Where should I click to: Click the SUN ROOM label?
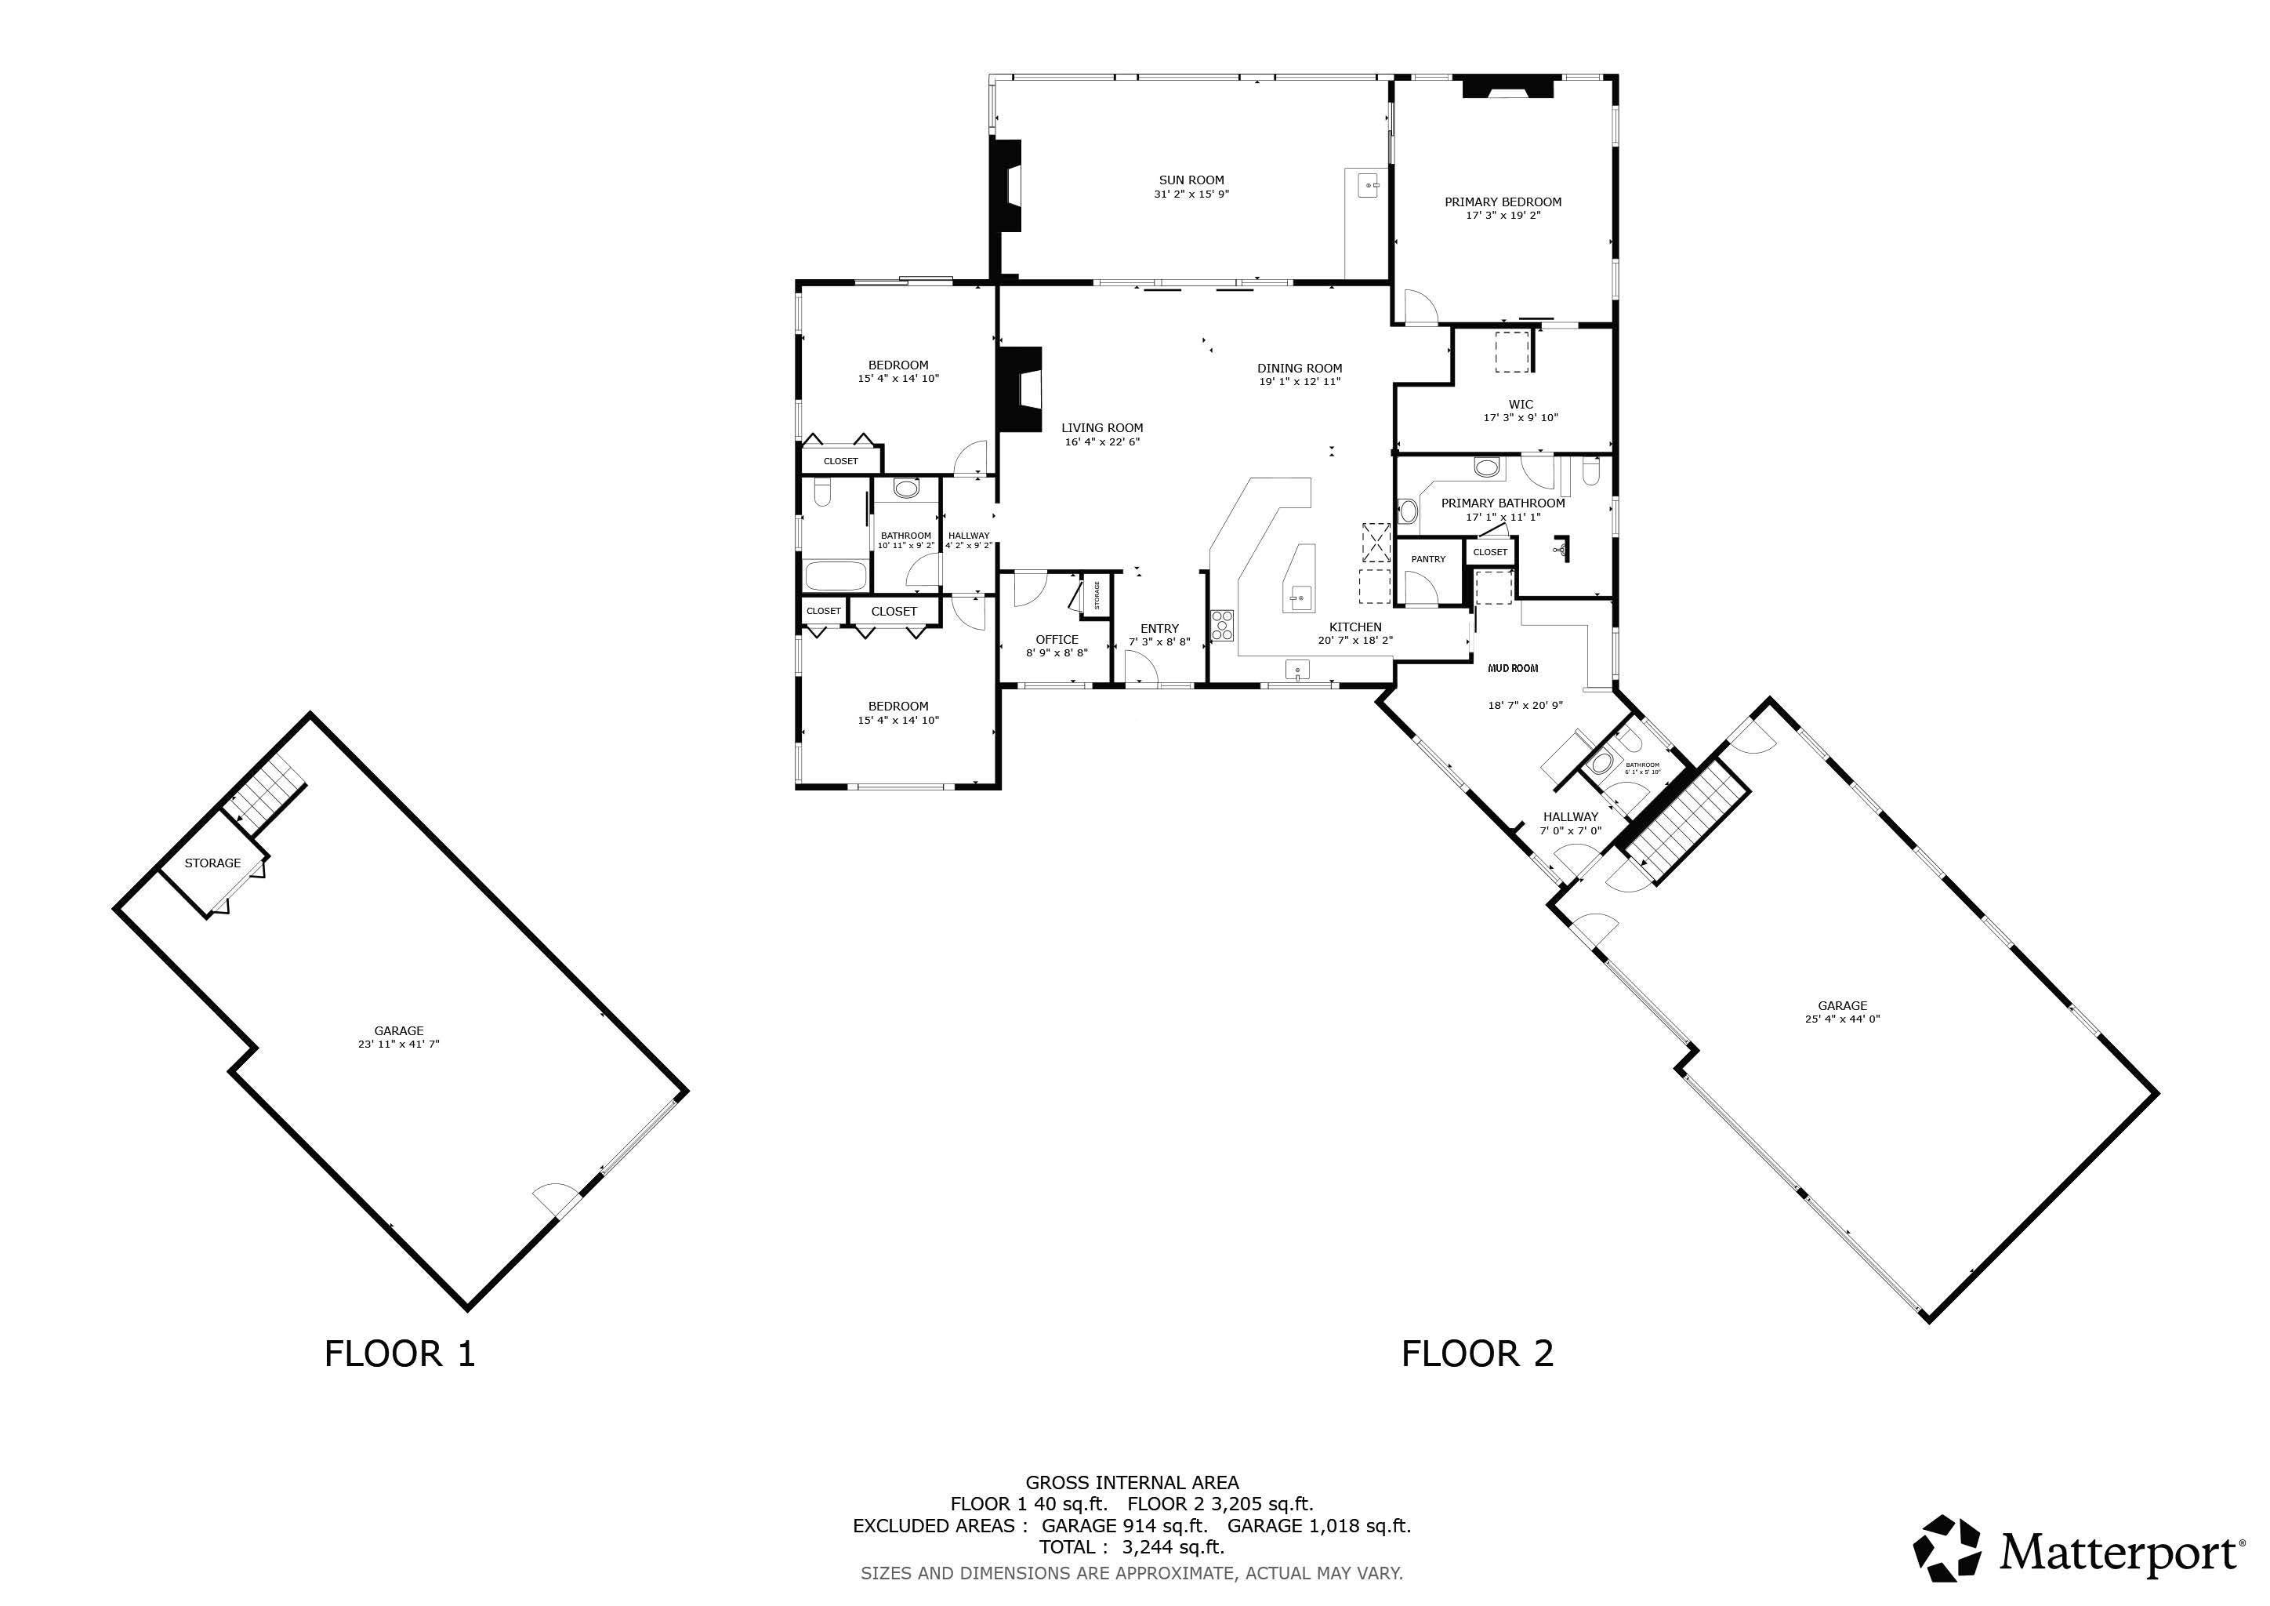[1191, 180]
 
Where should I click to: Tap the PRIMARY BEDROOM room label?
[1503, 202]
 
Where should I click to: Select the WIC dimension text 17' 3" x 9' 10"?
[1521, 417]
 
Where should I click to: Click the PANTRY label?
[1427, 560]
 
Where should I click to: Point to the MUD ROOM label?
[1513, 668]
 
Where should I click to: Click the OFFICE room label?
[1057, 640]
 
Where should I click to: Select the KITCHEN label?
[1354, 627]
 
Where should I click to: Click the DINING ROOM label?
[1299, 368]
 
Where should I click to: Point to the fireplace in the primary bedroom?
[1508, 88]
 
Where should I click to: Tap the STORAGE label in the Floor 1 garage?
[212, 863]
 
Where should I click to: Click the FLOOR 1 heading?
[400, 1353]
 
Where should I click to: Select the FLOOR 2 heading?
[1477, 1353]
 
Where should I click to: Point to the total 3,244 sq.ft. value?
[1173, 1546]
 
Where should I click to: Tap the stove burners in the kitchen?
[1223, 626]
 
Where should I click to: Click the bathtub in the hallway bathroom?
[836, 575]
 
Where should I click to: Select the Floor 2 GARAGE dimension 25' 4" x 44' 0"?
[1842, 1019]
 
